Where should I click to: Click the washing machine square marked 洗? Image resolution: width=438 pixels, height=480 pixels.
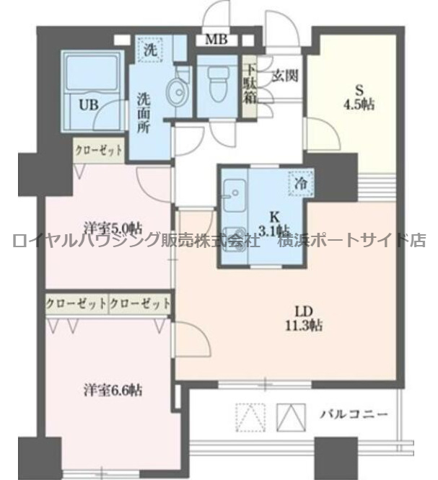150,50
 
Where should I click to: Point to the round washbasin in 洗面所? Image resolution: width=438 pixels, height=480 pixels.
175,92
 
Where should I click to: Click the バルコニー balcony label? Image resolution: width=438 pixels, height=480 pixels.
354,414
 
